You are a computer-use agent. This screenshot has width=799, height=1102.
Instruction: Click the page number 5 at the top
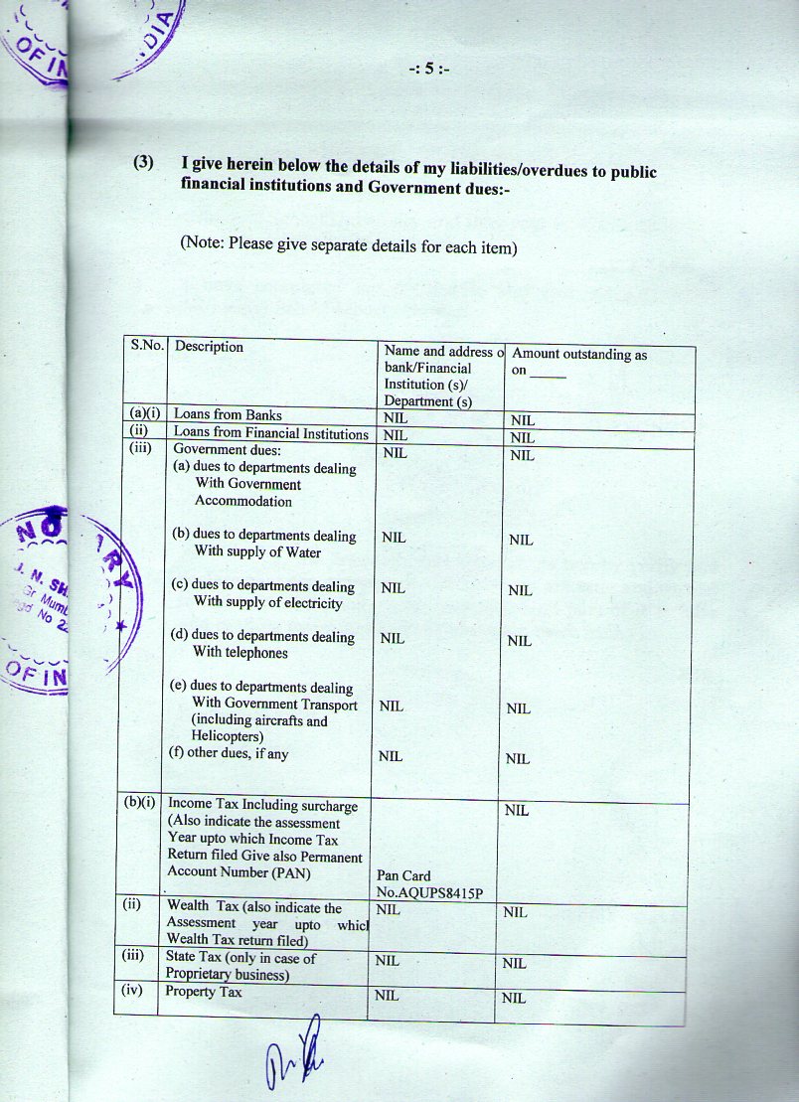(430, 70)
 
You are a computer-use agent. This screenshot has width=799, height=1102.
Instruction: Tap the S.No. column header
(145, 346)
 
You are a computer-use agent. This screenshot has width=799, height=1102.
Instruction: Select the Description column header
(209, 347)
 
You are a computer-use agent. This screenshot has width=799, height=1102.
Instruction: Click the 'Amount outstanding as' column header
(579, 355)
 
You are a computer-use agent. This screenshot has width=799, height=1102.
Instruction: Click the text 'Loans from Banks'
(228, 415)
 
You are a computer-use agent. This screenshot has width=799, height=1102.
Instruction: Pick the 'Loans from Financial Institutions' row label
(270, 433)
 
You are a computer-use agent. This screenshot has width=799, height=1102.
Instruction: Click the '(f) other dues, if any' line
(230, 753)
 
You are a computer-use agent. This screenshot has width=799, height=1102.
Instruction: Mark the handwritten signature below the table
(294, 1051)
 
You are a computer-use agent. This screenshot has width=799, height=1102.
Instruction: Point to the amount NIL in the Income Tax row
(516, 810)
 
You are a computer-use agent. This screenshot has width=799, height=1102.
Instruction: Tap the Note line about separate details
(348, 244)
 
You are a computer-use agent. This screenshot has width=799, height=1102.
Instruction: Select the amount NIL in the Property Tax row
(514, 998)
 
